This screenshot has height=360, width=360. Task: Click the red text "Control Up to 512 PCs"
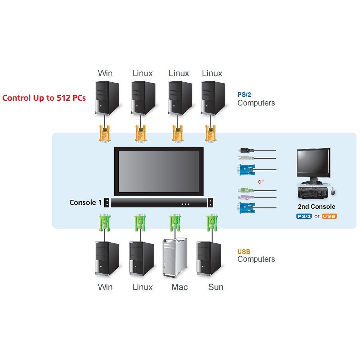tap(44, 98)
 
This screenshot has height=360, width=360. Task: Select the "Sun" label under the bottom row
tap(215, 287)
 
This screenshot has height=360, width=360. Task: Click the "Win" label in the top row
tap(105, 73)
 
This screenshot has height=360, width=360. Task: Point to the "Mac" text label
tap(179, 287)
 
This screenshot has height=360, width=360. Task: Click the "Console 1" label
tap(85, 203)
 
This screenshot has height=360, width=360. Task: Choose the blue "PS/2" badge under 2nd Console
tap(304, 216)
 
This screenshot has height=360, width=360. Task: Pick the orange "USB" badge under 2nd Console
tap(329, 216)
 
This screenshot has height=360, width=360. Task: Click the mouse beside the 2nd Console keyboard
tap(333, 192)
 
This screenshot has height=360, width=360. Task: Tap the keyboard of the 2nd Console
tap(313, 193)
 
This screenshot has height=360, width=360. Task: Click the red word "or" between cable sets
tap(261, 182)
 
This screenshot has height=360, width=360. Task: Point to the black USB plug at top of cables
tap(245, 150)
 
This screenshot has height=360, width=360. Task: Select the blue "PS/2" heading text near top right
tap(244, 95)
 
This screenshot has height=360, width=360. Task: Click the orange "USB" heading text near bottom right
tap(244, 252)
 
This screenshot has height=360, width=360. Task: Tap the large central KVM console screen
tap(159, 171)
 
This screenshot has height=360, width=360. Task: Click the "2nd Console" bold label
tap(316, 207)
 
